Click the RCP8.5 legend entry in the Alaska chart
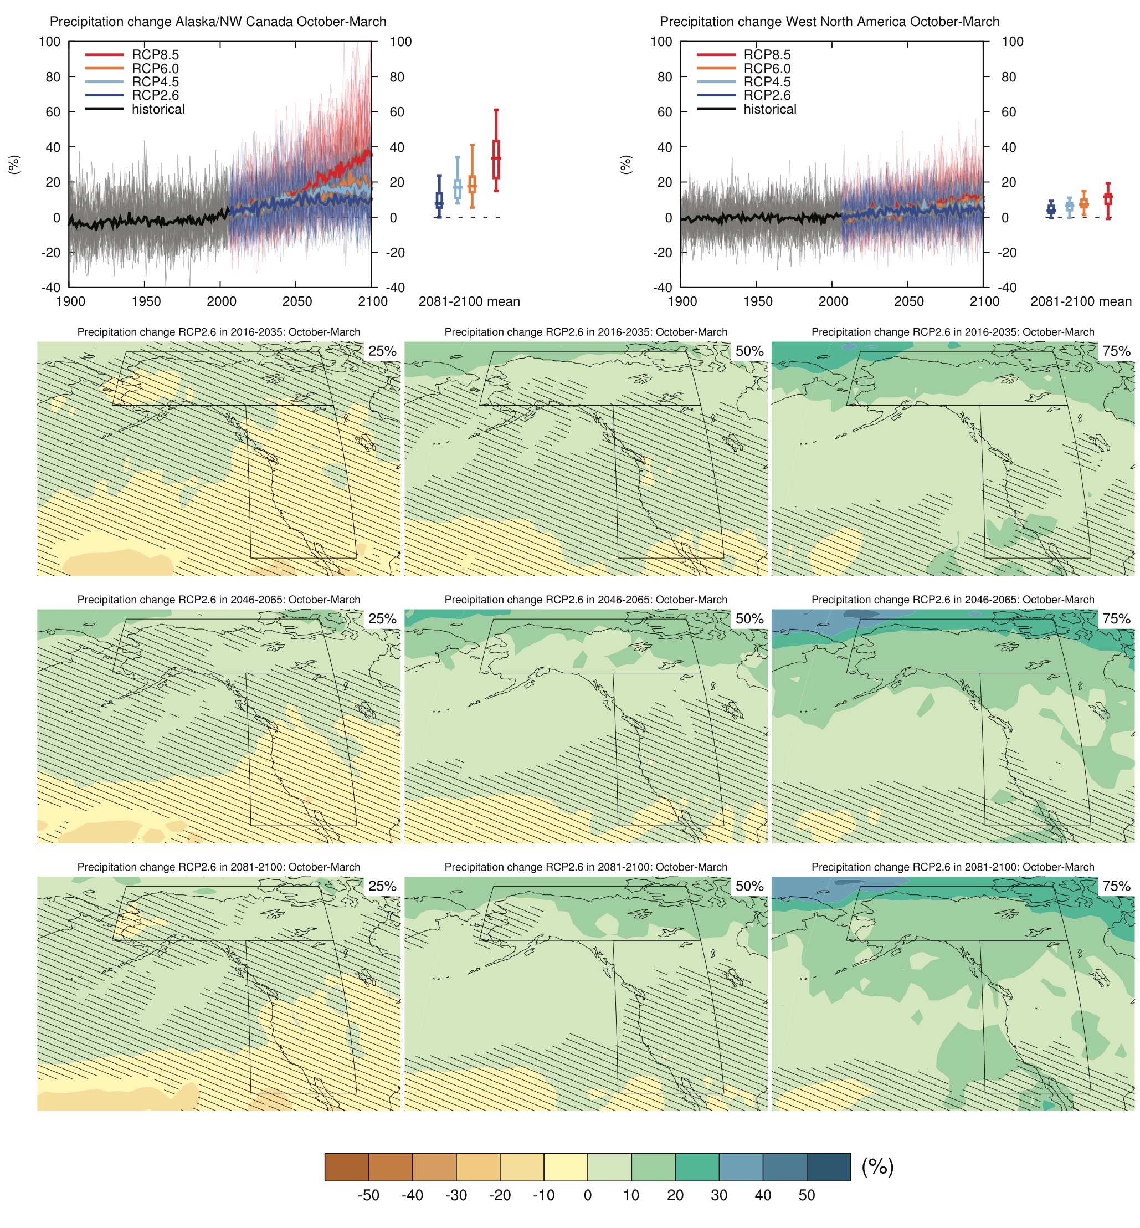[x=155, y=55]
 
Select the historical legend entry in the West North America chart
[x=769, y=109]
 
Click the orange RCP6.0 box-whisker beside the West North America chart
[x=1083, y=203]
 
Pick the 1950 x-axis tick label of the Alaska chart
[x=146, y=302]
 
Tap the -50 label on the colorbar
[x=368, y=1195]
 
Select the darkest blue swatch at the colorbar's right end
[x=829, y=1167]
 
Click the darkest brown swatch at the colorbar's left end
[x=347, y=1167]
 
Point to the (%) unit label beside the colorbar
[x=877, y=1166]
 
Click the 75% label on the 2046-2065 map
[x=1116, y=619]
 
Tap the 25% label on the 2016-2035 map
[x=382, y=351]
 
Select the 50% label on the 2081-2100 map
[x=749, y=886]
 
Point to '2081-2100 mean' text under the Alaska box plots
[x=469, y=302]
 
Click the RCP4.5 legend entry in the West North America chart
[x=767, y=82]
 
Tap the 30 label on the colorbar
[x=719, y=1195]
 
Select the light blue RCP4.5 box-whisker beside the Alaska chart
[x=457, y=186]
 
